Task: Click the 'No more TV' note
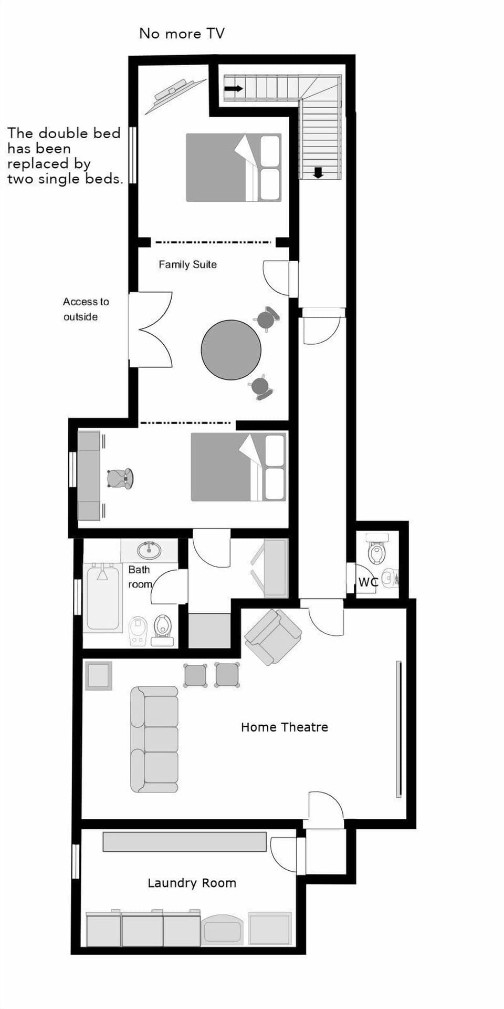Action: pos(182,34)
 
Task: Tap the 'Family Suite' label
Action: pos(187,264)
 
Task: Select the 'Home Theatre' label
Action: pos(284,727)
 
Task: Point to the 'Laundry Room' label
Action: pos(192,883)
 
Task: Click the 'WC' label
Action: pos(367,582)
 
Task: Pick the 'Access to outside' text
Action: pos(86,309)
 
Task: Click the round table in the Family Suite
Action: pos(231,350)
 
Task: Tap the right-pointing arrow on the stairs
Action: pos(233,88)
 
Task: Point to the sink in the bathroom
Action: pos(149,550)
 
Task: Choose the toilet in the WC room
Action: pos(377,550)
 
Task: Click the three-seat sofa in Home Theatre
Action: pos(154,739)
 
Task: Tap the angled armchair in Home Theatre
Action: pos(272,636)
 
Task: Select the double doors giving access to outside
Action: pos(152,330)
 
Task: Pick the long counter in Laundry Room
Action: pos(184,842)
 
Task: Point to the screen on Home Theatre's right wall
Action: pos(398,728)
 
